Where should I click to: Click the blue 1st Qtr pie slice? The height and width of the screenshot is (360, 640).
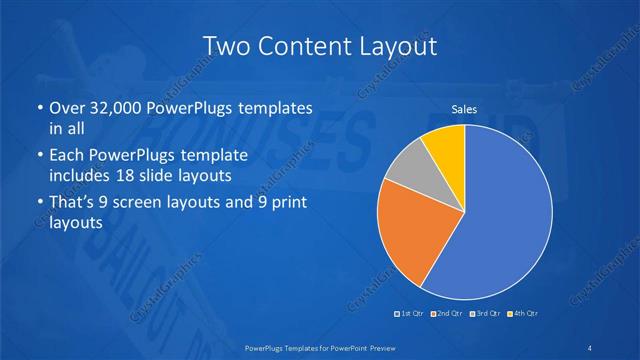(500, 220)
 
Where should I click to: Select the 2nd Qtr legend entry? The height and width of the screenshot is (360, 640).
(447, 314)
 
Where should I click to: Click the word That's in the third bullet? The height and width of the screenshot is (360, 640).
(73, 204)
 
